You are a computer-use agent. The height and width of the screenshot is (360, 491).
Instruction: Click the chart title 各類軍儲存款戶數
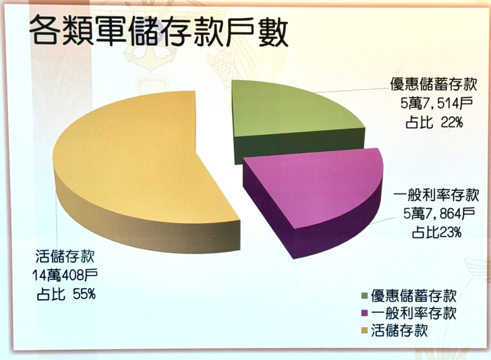[158, 31]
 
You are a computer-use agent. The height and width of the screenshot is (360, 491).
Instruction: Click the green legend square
[364, 295]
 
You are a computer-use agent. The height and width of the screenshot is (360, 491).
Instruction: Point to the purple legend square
[364, 313]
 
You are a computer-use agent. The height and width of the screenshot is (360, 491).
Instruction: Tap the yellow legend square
[364, 330]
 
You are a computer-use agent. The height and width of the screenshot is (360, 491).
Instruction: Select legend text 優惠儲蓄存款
[413, 295]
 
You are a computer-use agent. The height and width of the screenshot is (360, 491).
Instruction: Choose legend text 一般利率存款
[413, 313]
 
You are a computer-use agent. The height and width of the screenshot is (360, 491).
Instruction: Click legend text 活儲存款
[399, 330]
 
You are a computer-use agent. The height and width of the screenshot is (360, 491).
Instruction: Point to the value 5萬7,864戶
[438, 214]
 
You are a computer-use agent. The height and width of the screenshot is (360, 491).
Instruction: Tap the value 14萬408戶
[65, 275]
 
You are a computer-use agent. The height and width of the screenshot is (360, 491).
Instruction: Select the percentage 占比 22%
[434, 122]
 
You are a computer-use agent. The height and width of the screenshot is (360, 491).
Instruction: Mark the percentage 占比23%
[436, 233]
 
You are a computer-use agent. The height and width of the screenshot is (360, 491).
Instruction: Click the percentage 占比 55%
[66, 294]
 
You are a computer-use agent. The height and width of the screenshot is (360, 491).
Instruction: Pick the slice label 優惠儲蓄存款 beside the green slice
[434, 84]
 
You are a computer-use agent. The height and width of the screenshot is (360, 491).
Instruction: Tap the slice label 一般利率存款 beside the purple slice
[436, 196]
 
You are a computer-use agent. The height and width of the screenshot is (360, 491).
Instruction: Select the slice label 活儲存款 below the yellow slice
[65, 257]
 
